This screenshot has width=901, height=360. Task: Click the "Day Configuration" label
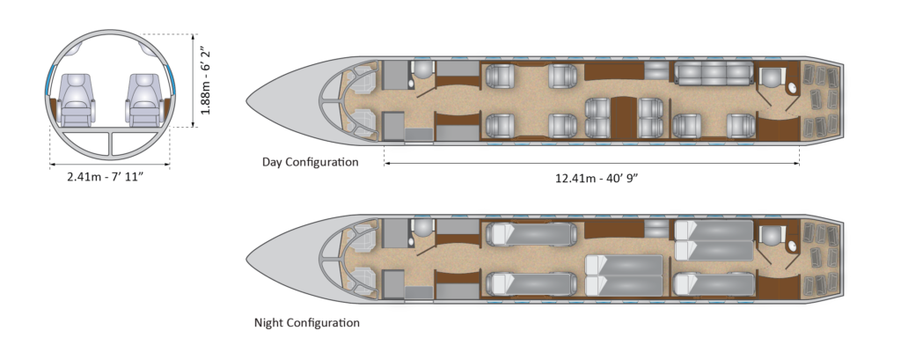(311, 162)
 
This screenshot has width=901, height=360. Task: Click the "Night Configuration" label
(307, 322)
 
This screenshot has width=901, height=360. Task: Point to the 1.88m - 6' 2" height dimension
(205, 81)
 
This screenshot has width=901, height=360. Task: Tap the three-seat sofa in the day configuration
(713, 74)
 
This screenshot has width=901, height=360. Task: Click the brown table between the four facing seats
(623, 118)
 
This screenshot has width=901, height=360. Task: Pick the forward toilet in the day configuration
(423, 70)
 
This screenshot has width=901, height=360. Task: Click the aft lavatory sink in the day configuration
(792, 88)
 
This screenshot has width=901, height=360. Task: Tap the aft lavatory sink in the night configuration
(792, 246)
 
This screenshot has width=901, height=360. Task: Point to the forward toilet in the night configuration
(423, 228)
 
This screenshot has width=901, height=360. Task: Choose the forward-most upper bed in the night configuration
(531, 234)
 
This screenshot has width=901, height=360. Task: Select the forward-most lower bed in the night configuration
(531, 283)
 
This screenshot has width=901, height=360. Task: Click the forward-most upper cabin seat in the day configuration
(500, 76)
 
